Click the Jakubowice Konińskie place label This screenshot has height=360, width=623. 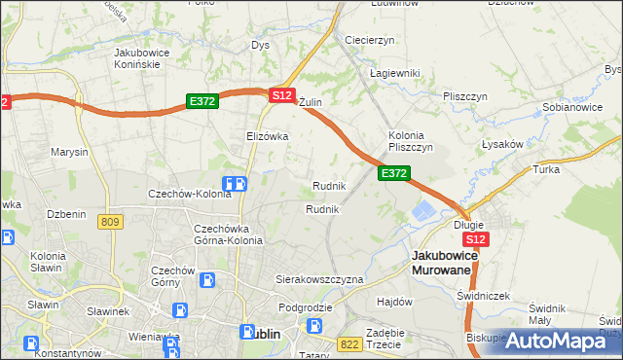point(136,57)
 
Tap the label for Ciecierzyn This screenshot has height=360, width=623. point(369,40)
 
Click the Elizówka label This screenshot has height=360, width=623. point(268,136)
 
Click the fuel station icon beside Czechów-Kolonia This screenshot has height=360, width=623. point(234,183)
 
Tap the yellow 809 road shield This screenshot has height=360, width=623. point(110,223)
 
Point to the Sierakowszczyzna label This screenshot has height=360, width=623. point(319,279)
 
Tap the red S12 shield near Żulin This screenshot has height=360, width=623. point(281,95)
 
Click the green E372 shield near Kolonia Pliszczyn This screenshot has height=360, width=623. point(393,173)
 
